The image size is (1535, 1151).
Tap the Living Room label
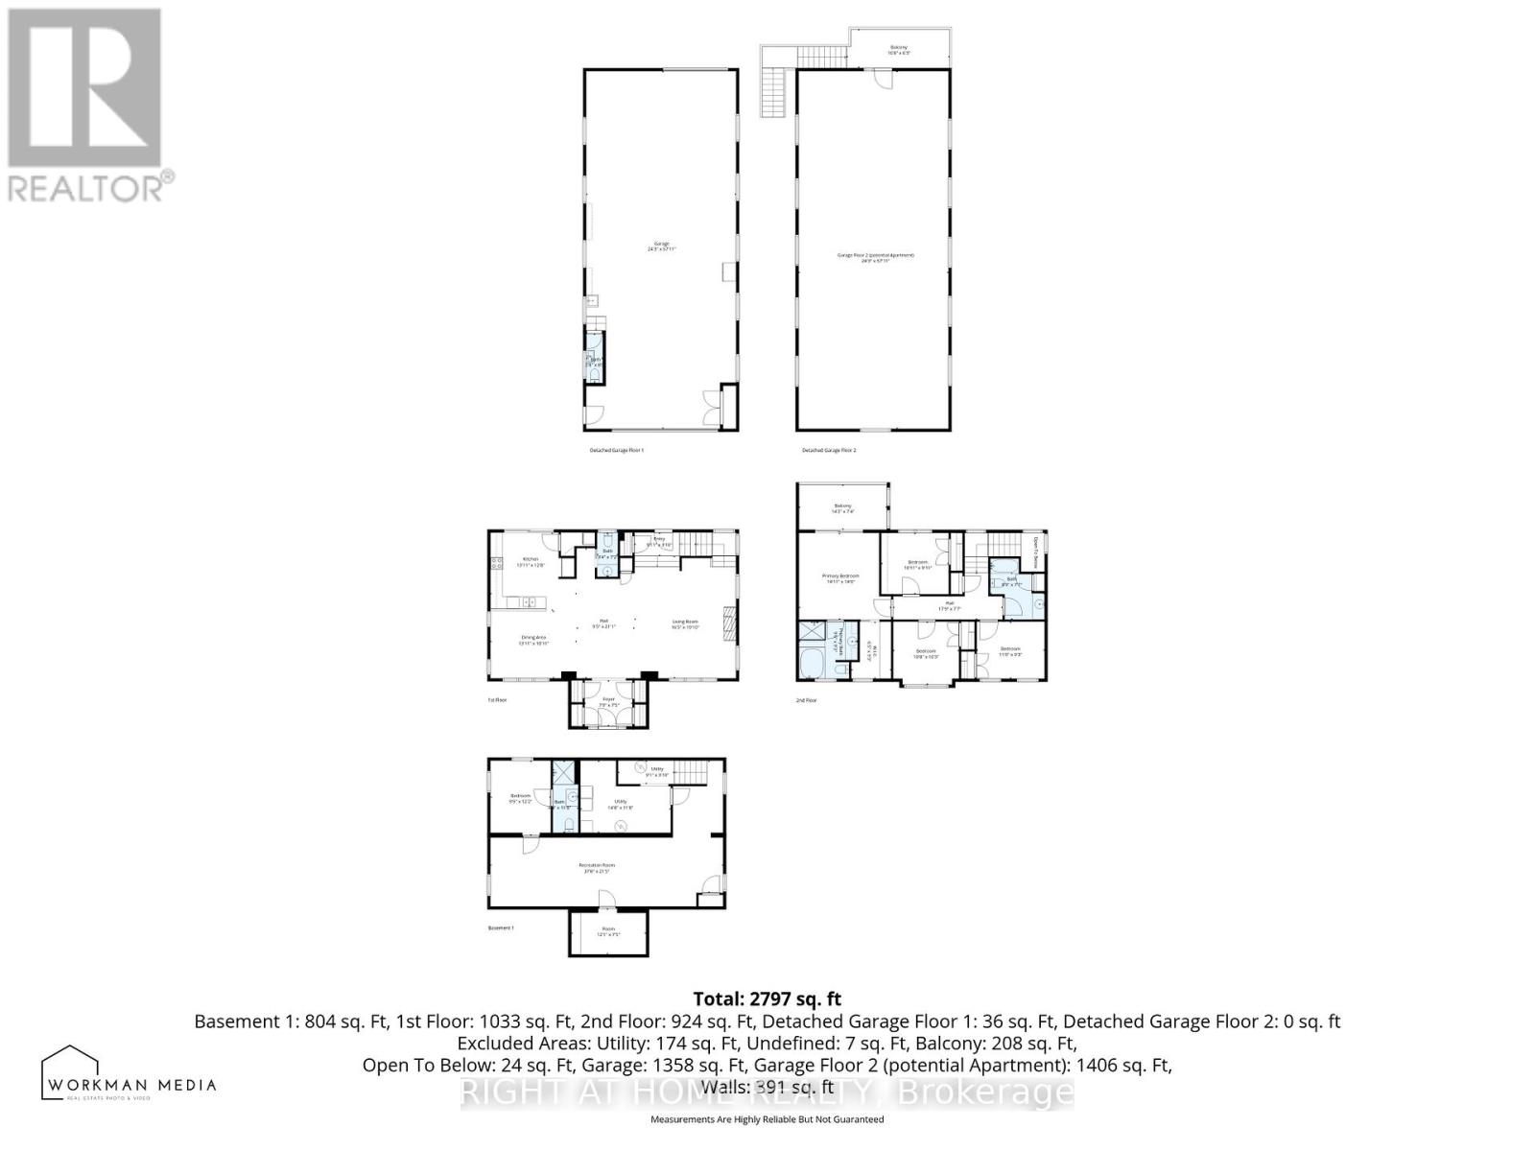coord(685,625)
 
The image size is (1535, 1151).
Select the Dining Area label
coord(532,641)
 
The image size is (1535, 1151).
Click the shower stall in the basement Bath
coord(560,772)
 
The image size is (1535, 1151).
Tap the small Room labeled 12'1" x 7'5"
coord(608,930)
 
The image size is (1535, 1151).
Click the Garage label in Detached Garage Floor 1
coord(661,247)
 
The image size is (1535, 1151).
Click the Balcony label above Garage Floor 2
coord(899,50)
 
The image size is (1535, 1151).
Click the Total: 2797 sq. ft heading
coord(767,998)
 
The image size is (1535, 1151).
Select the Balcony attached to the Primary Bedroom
coord(842,507)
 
